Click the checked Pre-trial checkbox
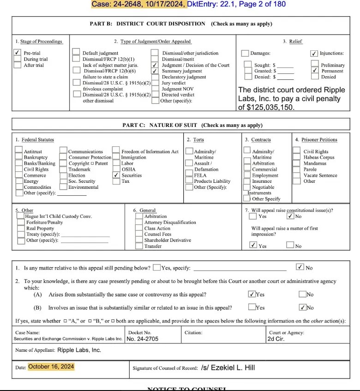[x=17, y=53]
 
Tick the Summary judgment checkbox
[x=155, y=71]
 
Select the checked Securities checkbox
[x=116, y=175]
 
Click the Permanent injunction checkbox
[x=314, y=71]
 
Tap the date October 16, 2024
[x=51, y=367]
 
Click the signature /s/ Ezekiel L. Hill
[x=228, y=368]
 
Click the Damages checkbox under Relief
[x=246, y=54]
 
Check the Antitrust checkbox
[x=18, y=150]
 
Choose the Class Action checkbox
[x=139, y=228]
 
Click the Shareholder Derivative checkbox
[x=139, y=240]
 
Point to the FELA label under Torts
[x=200, y=175]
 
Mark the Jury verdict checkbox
[x=155, y=83]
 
